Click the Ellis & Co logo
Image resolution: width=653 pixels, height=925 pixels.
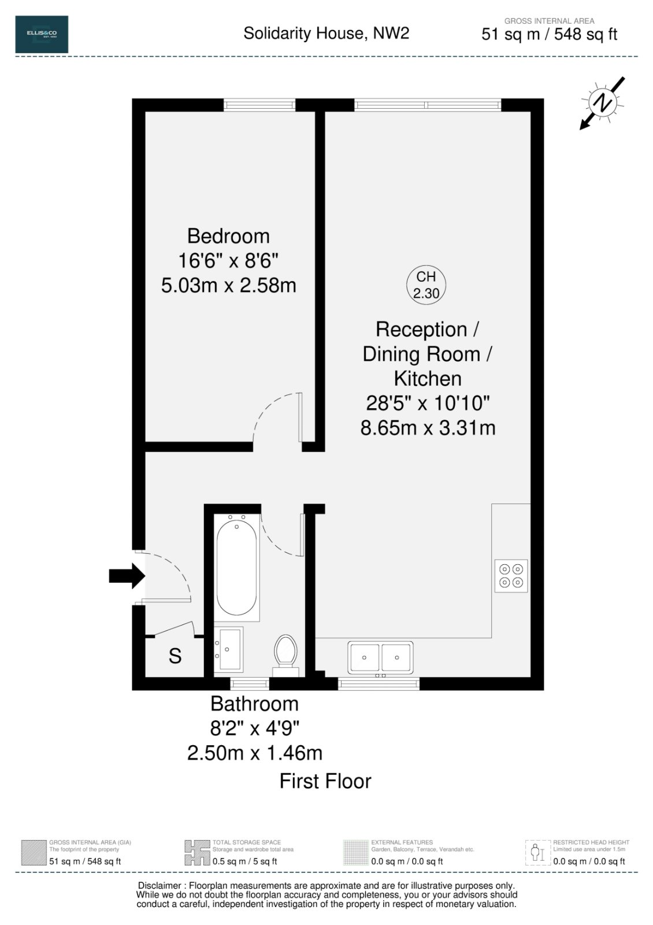[x=42, y=35]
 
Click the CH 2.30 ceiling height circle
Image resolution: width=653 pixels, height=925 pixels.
[x=426, y=285]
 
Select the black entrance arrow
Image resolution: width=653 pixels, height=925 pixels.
[x=127, y=576]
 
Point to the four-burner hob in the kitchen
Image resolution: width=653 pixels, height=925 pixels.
[x=511, y=575]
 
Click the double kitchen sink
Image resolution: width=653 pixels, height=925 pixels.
[x=380, y=658]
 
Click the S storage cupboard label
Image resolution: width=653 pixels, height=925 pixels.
[x=175, y=656]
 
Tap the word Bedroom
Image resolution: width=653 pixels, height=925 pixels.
[x=228, y=236]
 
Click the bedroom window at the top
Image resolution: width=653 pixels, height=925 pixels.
[x=259, y=105]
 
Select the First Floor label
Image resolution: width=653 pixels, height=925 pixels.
[x=325, y=781]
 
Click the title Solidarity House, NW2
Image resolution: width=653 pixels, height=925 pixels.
[x=326, y=34]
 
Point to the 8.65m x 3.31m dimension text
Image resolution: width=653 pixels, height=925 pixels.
[x=428, y=428]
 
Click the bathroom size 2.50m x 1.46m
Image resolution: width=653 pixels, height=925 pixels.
[x=254, y=753]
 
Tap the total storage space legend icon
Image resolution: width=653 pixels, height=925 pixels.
[x=197, y=853]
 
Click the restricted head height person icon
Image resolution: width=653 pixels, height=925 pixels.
[x=537, y=853]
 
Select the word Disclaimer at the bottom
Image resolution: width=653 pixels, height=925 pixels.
[x=161, y=886]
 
